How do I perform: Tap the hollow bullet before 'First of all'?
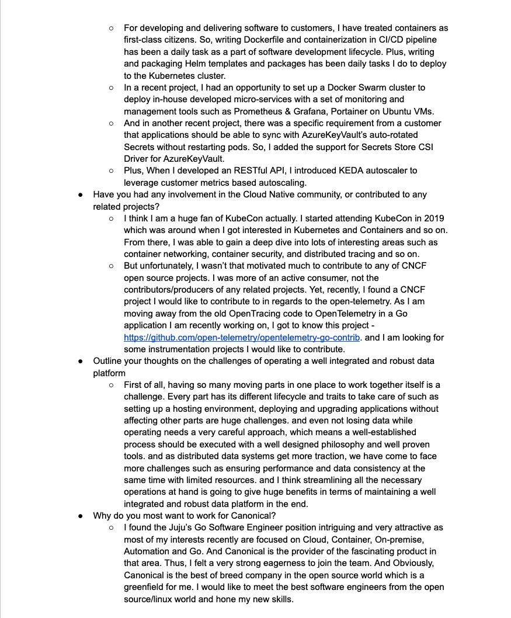[x=111, y=385]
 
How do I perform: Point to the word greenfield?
[x=151, y=575]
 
